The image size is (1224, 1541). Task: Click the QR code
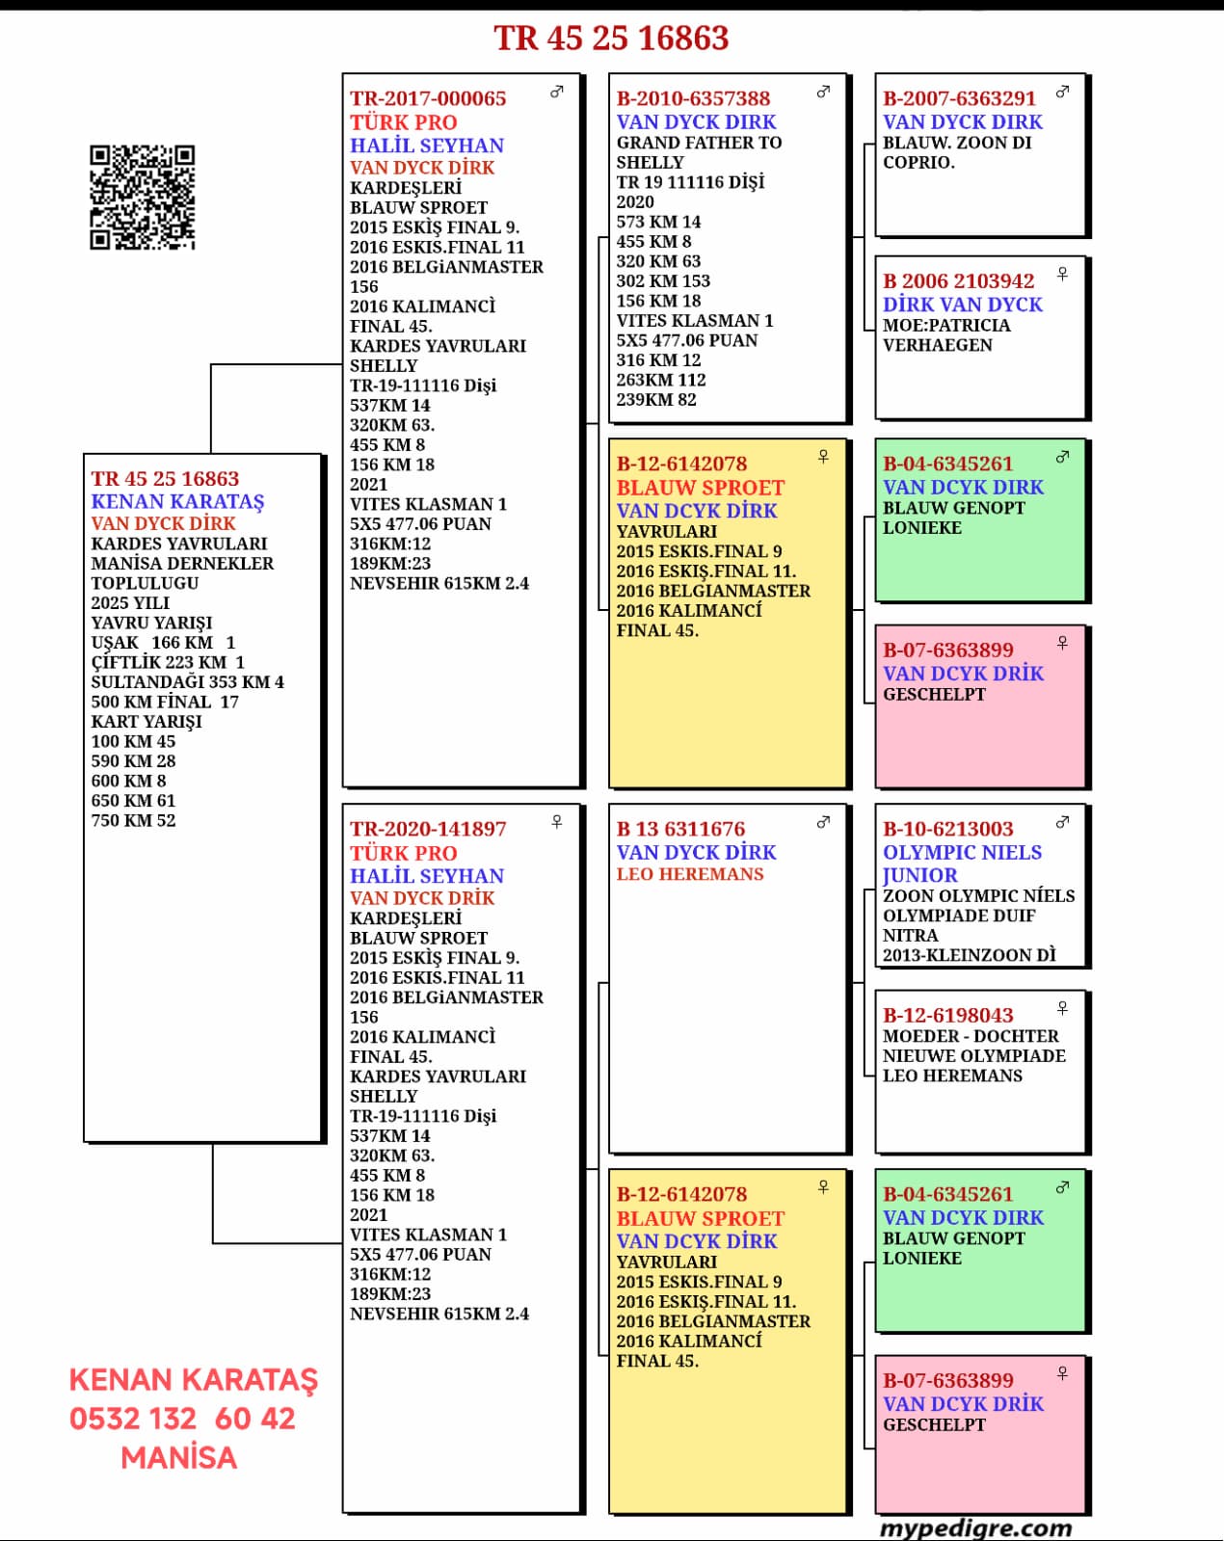(143, 198)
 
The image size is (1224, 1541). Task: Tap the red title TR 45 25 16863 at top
(611, 39)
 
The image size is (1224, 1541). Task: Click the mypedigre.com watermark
(975, 1528)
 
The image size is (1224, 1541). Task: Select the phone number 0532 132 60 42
(182, 1419)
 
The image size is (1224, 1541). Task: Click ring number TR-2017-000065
(428, 98)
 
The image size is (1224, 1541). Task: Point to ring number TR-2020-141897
(428, 829)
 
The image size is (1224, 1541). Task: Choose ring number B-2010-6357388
(693, 98)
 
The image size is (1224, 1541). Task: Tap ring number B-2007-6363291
(959, 98)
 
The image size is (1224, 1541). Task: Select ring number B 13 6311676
(680, 829)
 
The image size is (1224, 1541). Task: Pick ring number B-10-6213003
(947, 829)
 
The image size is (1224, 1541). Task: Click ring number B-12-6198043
(947, 1015)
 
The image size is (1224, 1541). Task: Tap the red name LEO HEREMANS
(690, 874)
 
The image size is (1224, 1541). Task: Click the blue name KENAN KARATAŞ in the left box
(177, 501)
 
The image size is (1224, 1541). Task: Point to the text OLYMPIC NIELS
(962, 852)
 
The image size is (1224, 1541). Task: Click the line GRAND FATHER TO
(699, 143)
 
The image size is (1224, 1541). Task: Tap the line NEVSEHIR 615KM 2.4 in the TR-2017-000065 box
(439, 583)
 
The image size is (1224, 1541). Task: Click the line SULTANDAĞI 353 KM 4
(187, 682)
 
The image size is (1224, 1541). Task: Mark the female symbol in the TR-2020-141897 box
(556, 822)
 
